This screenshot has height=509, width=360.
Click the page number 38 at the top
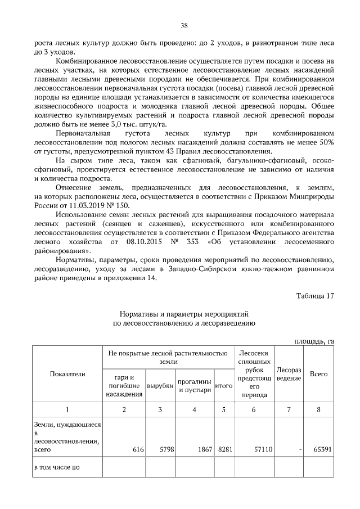(184, 25)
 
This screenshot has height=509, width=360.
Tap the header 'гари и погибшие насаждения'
(124, 385)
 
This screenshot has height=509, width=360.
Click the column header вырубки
(160, 386)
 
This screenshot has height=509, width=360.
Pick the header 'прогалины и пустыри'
(194, 386)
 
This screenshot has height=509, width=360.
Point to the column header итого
(224, 386)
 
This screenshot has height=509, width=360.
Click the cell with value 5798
(167, 450)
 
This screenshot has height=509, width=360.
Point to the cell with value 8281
(225, 450)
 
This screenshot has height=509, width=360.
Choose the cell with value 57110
(262, 450)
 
